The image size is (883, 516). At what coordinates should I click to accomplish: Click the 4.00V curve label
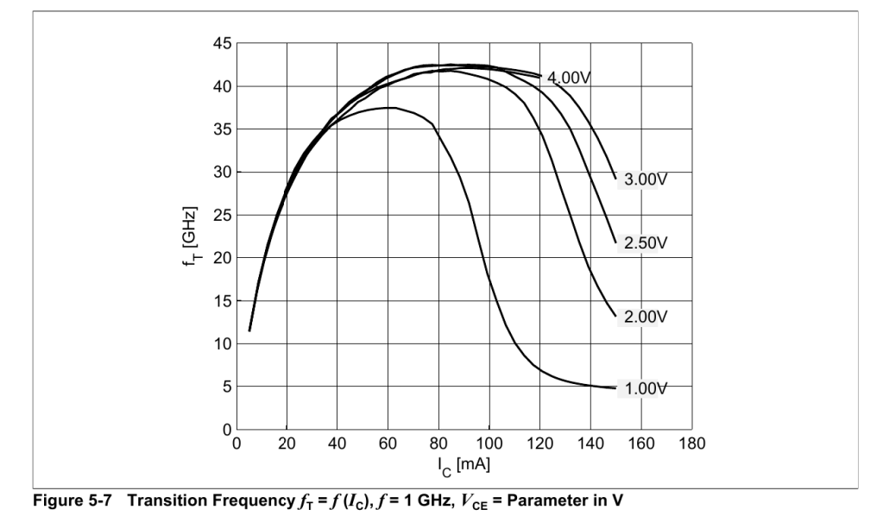568,77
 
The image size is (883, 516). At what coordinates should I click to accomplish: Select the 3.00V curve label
646,181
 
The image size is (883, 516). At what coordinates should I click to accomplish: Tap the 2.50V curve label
646,242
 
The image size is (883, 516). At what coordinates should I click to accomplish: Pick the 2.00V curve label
646,317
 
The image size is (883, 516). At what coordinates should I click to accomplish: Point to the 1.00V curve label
646,388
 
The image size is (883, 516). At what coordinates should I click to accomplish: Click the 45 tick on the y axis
222,44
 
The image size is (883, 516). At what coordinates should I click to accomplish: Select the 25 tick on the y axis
222,215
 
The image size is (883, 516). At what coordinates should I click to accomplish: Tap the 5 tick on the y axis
225,387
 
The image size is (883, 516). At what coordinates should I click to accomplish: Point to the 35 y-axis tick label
222,129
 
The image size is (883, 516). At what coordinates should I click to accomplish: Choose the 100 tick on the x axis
489,445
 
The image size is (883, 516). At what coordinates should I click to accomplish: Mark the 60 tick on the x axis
388,445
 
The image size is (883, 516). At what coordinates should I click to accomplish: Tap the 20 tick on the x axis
287,445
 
